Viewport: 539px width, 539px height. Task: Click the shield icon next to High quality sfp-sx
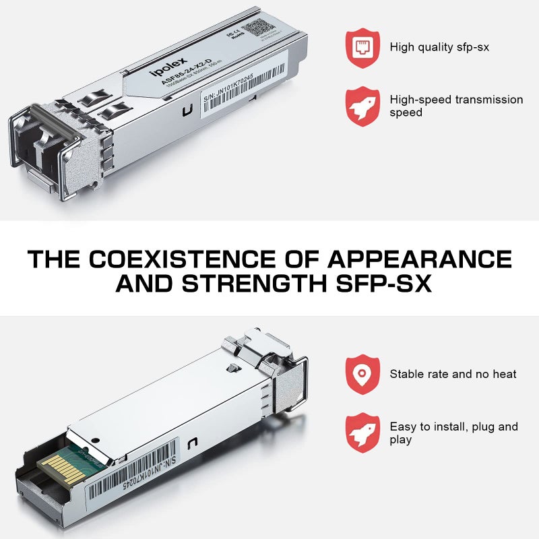click(x=362, y=45)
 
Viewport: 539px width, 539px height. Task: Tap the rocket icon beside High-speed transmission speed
click(x=362, y=106)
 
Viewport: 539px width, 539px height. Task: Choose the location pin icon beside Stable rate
click(x=362, y=374)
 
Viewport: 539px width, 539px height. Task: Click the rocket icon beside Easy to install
click(x=362, y=433)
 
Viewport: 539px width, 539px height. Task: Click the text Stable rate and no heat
click(x=453, y=374)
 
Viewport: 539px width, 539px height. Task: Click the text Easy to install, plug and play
click(x=453, y=433)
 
